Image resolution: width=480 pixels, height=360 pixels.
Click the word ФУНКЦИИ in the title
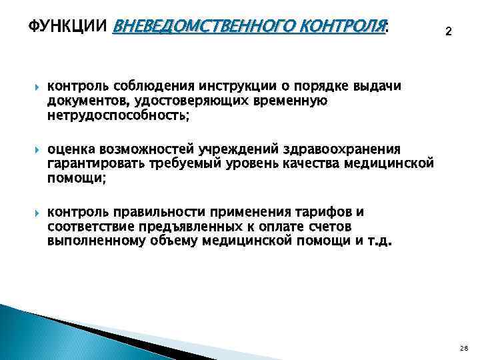click(x=69, y=27)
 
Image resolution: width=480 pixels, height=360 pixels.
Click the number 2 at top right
click(x=448, y=31)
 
